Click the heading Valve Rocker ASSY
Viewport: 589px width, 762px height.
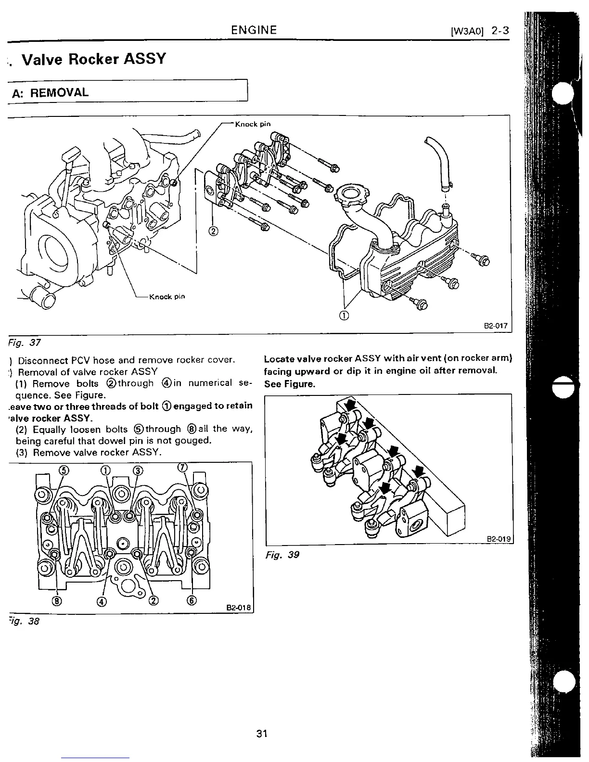[x=94, y=59]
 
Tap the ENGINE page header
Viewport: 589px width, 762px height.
[x=254, y=30]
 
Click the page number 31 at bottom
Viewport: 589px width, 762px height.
[x=262, y=734]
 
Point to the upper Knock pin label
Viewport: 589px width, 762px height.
[x=253, y=124]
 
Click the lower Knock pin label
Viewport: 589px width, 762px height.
[x=167, y=296]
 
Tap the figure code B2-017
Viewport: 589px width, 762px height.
[x=496, y=326]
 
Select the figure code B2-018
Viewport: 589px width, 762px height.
[x=239, y=607]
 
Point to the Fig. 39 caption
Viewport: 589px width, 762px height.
[x=282, y=555]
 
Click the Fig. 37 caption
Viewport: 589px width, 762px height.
[x=24, y=343]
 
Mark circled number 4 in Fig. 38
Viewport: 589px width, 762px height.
[x=103, y=601]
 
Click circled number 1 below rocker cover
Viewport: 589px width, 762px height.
[x=344, y=316]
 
